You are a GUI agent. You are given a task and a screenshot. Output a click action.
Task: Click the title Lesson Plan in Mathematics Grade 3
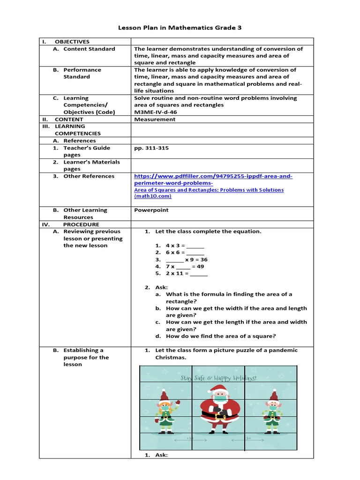(x=180, y=28)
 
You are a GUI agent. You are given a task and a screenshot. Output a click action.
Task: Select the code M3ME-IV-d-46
(x=155, y=112)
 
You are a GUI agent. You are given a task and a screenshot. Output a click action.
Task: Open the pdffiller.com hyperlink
(x=213, y=180)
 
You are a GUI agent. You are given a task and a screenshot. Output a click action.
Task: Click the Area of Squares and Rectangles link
(x=209, y=190)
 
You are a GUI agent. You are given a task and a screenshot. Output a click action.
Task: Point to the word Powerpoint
(x=151, y=210)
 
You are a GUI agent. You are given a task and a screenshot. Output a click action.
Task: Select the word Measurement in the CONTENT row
(x=155, y=119)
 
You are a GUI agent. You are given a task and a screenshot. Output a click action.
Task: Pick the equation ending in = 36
(x=187, y=259)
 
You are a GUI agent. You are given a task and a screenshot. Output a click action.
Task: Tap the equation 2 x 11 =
(x=186, y=273)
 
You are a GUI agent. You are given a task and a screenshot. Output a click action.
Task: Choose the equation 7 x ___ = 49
(x=185, y=266)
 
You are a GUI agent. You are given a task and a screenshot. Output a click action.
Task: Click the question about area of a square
(x=221, y=336)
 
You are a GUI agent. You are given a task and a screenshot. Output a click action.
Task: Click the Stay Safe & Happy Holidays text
(x=218, y=377)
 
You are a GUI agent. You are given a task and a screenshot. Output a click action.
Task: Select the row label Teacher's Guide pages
(x=87, y=151)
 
